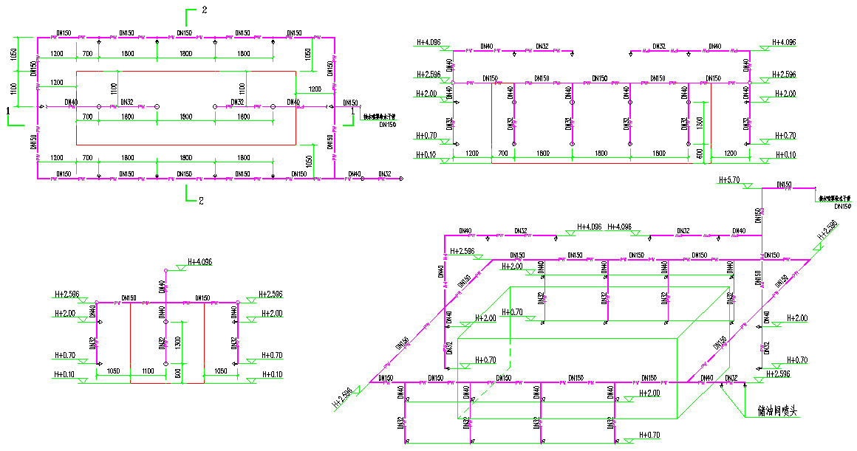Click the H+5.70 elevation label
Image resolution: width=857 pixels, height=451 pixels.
(x=730, y=180)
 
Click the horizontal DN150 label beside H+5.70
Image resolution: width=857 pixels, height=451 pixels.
(x=784, y=185)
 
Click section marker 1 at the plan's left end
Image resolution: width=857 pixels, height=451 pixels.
(x=8, y=110)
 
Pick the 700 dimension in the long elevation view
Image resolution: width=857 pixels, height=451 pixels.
(x=503, y=153)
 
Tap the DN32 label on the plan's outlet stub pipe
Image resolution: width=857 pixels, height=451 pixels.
(x=384, y=174)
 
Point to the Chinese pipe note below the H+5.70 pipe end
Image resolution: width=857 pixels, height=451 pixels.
(x=834, y=198)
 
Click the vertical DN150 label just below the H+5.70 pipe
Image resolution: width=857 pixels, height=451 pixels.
(x=758, y=216)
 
